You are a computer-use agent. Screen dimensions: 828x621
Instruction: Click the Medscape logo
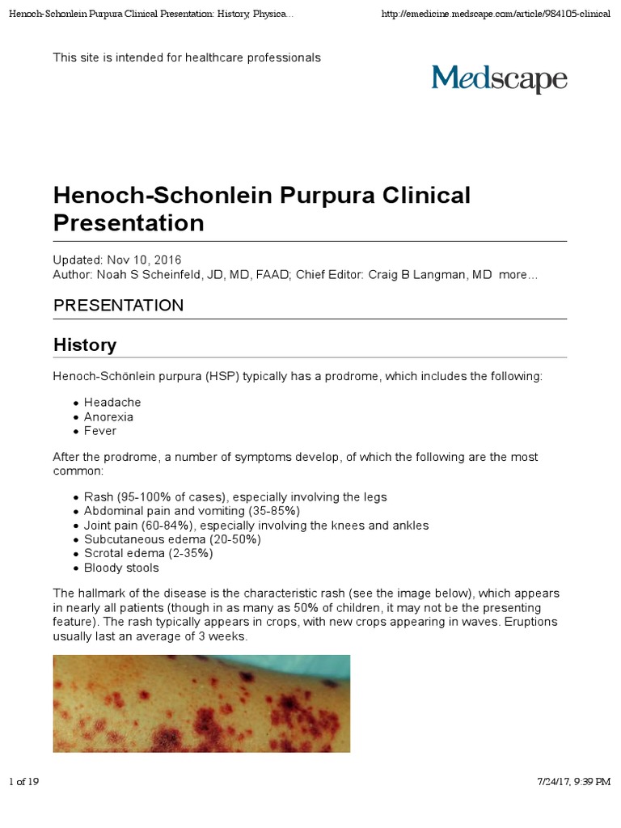pyautogui.click(x=499, y=79)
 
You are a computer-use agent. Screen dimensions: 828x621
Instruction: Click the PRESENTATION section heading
pyautogui.click(x=118, y=306)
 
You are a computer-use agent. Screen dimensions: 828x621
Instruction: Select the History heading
pyautogui.click(x=85, y=345)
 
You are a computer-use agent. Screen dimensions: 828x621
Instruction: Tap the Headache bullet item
pyautogui.click(x=112, y=403)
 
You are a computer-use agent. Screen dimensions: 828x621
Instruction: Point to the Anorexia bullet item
pyautogui.click(x=108, y=417)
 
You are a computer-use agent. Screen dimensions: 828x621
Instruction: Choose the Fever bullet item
pyautogui.click(x=100, y=432)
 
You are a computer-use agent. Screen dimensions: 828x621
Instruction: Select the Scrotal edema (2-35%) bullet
pyautogui.click(x=148, y=554)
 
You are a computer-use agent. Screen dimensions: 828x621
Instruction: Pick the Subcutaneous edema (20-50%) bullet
pyautogui.click(x=172, y=539)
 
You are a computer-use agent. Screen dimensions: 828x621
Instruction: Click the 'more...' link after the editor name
pyautogui.click(x=518, y=276)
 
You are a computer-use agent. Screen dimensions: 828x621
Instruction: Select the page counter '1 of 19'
pyautogui.click(x=24, y=782)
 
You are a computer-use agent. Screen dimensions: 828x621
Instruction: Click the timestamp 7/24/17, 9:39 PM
pyautogui.click(x=574, y=782)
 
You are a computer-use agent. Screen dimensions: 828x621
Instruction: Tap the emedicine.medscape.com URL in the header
pyautogui.click(x=495, y=15)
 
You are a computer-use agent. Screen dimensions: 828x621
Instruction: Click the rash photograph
pyautogui.click(x=201, y=703)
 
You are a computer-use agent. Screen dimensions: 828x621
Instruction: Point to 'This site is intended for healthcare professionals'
pyautogui.click(x=187, y=58)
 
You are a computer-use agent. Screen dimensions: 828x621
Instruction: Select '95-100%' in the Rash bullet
pyautogui.click(x=141, y=497)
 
